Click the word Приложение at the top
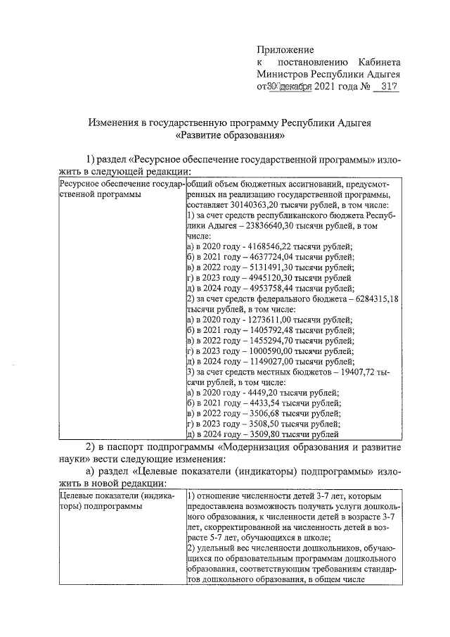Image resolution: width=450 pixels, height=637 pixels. pyautogui.click(x=285, y=50)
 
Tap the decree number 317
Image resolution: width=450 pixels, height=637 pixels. pyautogui.click(x=386, y=87)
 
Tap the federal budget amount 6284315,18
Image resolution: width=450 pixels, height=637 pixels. pyautogui.click(x=374, y=299)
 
